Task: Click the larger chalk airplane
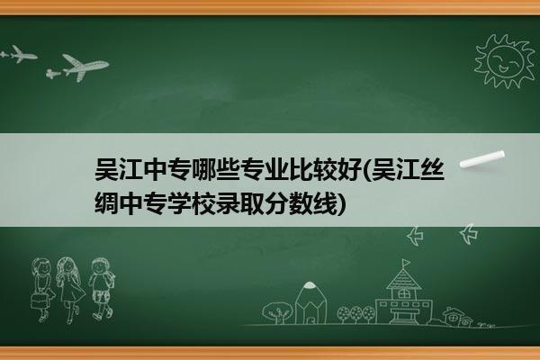(x=85, y=67)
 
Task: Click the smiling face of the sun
(x=506, y=61)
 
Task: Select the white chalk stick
(x=482, y=158)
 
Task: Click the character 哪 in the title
(x=204, y=169)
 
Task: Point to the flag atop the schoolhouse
(x=407, y=263)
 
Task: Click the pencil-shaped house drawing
(x=310, y=303)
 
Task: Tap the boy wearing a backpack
(x=102, y=289)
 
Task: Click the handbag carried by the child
(x=39, y=301)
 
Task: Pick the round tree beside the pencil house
(x=277, y=312)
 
